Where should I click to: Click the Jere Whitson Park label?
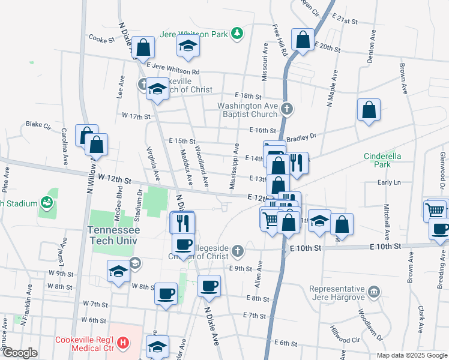click(x=193, y=34)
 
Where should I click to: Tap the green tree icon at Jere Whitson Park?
click(x=238, y=33)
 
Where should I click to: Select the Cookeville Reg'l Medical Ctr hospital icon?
click(x=123, y=343)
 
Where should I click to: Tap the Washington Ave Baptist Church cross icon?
click(x=287, y=109)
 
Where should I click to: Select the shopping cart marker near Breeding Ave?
click(x=435, y=210)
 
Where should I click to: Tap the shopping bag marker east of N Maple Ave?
click(x=369, y=110)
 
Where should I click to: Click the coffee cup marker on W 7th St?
click(x=166, y=293)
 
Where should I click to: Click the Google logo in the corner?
click(x=19, y=353)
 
